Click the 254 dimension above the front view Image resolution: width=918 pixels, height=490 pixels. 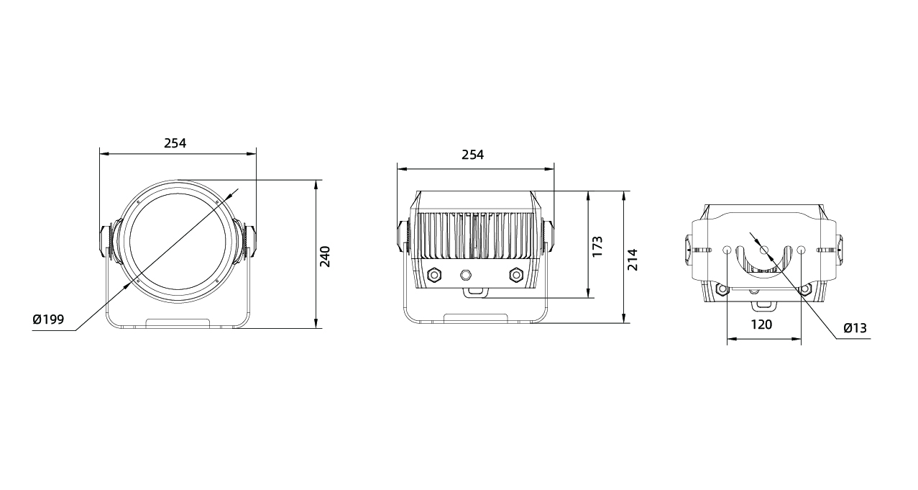[175, 143]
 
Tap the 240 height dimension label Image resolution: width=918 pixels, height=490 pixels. [325, 257]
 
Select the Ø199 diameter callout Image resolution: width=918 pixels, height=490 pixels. [48, 319]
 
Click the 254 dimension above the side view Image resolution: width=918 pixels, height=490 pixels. [472, 155]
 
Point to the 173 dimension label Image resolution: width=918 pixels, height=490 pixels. [597, 246]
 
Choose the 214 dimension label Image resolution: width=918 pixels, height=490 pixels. [633, 260]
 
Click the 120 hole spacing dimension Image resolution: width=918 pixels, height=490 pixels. [761, 325]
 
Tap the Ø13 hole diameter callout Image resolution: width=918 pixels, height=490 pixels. [855, 328]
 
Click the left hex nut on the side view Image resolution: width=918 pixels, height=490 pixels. [433, 274]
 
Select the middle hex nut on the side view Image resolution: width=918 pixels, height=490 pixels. [466, 274]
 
